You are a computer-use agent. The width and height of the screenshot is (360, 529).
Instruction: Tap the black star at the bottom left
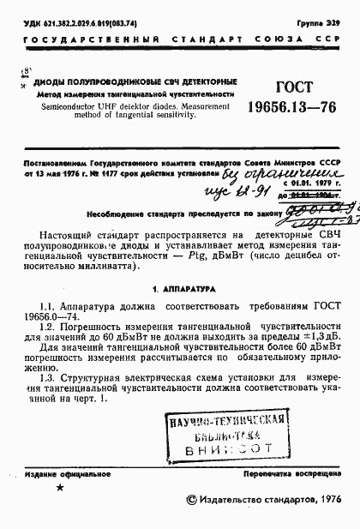pos(58,488)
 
